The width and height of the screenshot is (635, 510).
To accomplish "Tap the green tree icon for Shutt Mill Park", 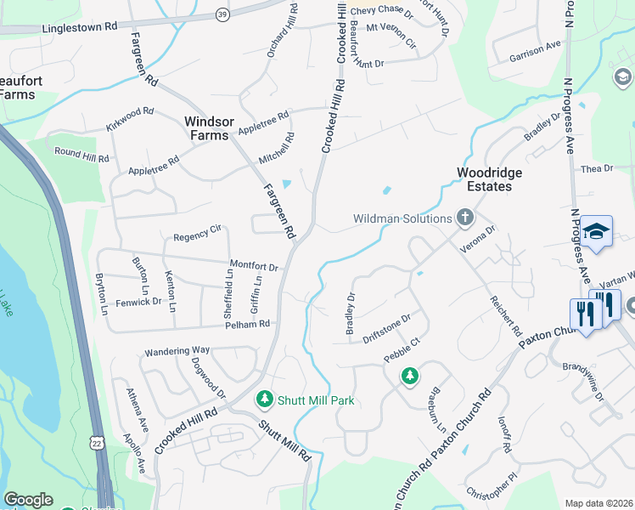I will tap(265, 399).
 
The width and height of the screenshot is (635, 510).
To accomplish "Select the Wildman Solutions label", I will tap(402, 218).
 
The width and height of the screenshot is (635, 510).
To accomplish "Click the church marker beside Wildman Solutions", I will tap(464, 218).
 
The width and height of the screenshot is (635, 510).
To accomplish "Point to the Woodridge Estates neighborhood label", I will tap(489, 179).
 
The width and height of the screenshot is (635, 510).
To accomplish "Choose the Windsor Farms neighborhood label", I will tap(207, 128).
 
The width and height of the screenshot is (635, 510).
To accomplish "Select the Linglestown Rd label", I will tap(80, 27).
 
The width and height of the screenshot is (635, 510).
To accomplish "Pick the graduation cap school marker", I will tap(596, 231).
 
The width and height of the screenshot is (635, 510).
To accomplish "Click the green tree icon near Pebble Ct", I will tap(410, 375).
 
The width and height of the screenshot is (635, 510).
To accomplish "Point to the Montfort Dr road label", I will tap(254, 267).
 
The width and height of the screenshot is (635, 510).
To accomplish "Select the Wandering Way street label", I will tap(177, 350).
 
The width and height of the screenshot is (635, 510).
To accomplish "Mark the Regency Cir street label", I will tap(197, 230).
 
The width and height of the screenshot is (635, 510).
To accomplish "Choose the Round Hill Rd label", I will tap(81, 155).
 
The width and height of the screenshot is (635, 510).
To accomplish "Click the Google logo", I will tap(28, 500).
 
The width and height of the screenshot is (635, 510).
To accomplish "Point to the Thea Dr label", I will tap(596, 169).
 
